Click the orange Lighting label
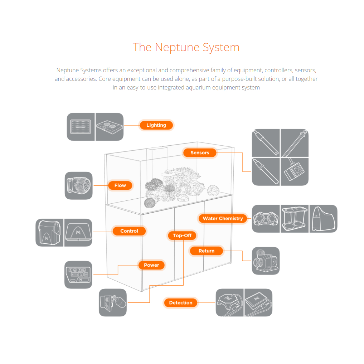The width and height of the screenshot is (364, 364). tap(156, 125)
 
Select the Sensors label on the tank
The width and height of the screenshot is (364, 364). tap(200, 153)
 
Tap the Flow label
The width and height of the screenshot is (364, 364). tap(120, 185)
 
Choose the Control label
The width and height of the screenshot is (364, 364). tap(129, 231)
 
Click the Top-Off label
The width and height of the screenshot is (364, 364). tap(182, 236)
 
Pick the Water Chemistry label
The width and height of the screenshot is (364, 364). tap(223, 218)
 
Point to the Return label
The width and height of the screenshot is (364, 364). tap(207, 251)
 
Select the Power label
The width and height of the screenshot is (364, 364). tap(151, 265)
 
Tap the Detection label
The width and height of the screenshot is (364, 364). tap(181, 303)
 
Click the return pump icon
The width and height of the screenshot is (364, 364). tap(266, 261)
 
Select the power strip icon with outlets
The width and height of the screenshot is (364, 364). tap(78, 275)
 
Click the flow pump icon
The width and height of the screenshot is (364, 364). tap(78, 186)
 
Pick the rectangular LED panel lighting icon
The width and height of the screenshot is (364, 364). tap(81, 127)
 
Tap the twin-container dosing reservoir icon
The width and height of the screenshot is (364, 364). tap(295, 219)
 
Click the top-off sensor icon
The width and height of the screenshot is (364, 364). tap(113, 303)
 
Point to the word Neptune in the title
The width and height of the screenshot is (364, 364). tap(178, 47)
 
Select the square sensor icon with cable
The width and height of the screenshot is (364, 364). tap(295, 172)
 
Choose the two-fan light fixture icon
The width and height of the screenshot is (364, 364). tap(110, 127)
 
